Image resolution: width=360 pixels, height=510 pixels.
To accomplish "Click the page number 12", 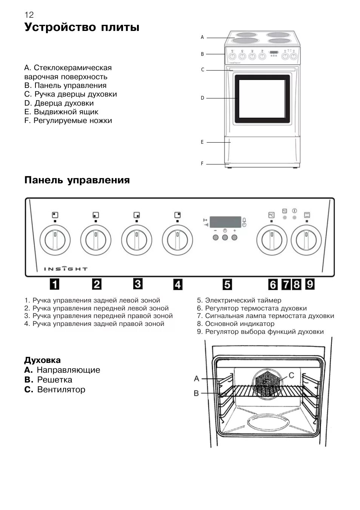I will tap(29, 15).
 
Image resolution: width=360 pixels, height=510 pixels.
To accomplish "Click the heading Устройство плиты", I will tap(82, 28).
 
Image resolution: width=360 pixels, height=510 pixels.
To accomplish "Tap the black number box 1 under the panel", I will tap(55, 284).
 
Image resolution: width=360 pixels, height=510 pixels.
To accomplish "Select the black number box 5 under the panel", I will tap(227, 284).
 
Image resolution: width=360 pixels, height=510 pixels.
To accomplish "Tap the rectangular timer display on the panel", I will tap(225, 222).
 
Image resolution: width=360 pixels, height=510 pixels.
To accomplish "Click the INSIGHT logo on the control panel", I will tap(66, 269).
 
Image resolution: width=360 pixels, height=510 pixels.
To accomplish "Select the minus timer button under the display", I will tap(215, 237).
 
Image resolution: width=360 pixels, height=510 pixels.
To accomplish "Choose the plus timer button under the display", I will tap(234, 237).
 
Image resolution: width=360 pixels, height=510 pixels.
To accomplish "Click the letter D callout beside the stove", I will tap(202, 98).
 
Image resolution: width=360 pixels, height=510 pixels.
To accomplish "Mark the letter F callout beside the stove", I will tap(202, 164).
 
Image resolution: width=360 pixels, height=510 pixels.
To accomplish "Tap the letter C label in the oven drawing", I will tap(291, 375).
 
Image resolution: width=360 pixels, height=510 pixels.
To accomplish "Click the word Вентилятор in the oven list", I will tap(61, 390).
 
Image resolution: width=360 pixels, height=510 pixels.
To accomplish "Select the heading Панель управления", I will tap(77, 180).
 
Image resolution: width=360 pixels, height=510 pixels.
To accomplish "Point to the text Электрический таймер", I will tap(243, 301).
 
